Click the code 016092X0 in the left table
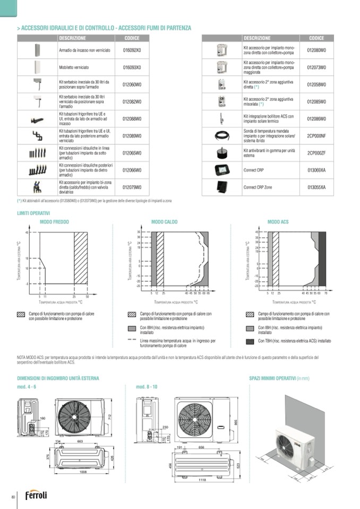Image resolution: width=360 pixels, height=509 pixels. [x=132, y=50]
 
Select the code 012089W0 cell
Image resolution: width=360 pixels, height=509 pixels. [x=132, y=136]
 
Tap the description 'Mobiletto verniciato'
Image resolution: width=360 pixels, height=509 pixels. [x=74, y=67]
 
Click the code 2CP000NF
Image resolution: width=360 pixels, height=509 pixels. [x=316, y=136]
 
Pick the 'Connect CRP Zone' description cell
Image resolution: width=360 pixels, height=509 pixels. [x=258, y=187]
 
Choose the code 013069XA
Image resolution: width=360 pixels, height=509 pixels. [x=316, y=170]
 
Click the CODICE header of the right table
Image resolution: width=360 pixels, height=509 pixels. [x=316, y=38]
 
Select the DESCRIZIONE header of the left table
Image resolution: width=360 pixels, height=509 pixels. [x=72, y=38]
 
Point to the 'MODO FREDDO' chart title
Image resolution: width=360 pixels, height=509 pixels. [x=54, y=222]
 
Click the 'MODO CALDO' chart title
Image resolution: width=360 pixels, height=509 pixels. [x=164, y=222]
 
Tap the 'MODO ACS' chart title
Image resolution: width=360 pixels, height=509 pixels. [x=278, y=222]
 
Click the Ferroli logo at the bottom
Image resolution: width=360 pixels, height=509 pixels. [x=36, y=495]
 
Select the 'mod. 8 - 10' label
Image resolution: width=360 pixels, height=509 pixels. [x=147, y=387]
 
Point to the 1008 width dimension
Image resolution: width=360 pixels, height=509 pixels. [x=83, y=471]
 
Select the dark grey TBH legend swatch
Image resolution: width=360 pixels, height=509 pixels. [x=251, y=341]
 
